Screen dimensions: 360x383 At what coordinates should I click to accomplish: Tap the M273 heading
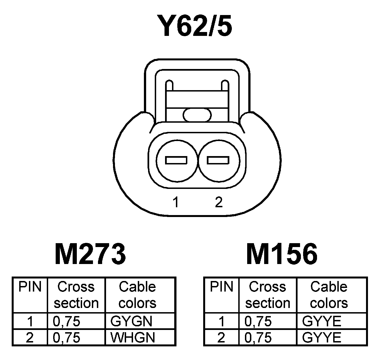[x=90, y=254]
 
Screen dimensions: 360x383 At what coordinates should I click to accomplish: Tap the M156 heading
[x=282, y=254]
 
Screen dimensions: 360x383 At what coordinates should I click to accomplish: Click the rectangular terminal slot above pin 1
[x=176, y=161]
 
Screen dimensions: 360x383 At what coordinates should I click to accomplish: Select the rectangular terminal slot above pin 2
[x=218, y=161]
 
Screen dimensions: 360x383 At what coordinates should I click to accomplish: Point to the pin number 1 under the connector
[x=175, y=202]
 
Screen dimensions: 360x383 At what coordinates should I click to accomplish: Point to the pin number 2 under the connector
[x=219, y=202]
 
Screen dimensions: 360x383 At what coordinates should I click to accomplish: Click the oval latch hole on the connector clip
[x=197, y=115]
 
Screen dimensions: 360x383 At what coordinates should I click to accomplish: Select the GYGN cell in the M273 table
[x=131, y=322]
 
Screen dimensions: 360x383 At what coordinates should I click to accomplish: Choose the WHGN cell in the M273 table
[x=132, y=338]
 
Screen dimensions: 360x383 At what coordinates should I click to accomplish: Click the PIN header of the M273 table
[x=30, y=287]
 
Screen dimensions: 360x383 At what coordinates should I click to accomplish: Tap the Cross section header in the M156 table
[x=267, y=295]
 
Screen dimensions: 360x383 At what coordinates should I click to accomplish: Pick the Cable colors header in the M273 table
[x=137, y=295]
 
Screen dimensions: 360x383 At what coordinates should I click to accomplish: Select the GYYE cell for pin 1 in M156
[x=321, y=322]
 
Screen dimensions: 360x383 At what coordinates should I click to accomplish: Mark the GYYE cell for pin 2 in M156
[x=321, y=338]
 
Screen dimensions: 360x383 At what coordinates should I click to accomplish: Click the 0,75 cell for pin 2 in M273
[x=66, y=338]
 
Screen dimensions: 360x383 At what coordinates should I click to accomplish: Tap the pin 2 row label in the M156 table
[x=221, y=338]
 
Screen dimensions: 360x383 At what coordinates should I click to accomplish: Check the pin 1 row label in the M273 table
[x=30, y=322]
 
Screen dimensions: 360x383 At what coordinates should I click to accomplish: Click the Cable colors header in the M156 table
[x=329, y=295]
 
